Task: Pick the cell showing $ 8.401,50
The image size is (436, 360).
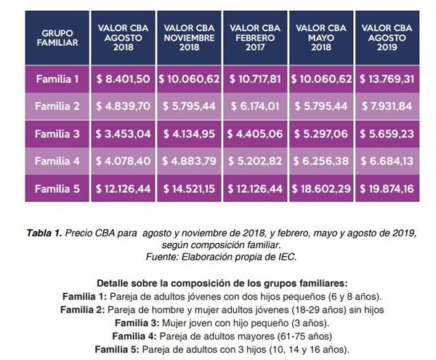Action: tap(123, 78)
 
